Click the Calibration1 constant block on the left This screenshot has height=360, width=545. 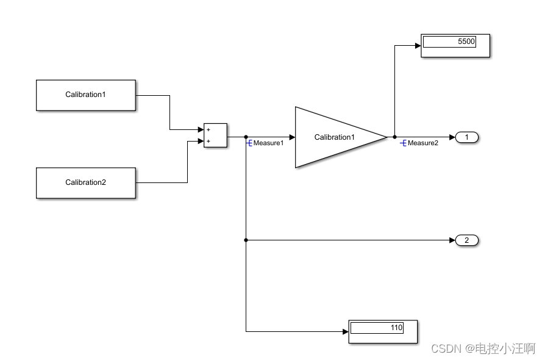point(85,95)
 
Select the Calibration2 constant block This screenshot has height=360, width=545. point(85,182)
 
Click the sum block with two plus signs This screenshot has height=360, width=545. point(216,135)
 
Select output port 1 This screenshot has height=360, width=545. point(467,137)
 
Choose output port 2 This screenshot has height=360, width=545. point(467,240)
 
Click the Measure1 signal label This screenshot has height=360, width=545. point(268,143)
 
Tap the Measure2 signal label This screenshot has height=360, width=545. point(422,143)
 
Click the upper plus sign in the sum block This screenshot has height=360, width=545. point(208,129)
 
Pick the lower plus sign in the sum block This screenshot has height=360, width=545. point(208,142)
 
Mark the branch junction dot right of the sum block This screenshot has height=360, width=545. point(246,137)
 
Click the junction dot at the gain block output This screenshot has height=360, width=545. point(394,137)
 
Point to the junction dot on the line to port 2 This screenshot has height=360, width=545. point(246,240)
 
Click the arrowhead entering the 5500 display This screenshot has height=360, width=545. point(418,45)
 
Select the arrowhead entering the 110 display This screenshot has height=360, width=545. point(345,332)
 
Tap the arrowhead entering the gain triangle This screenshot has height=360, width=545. point(292,137)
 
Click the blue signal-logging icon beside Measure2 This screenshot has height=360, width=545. point(403,143)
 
